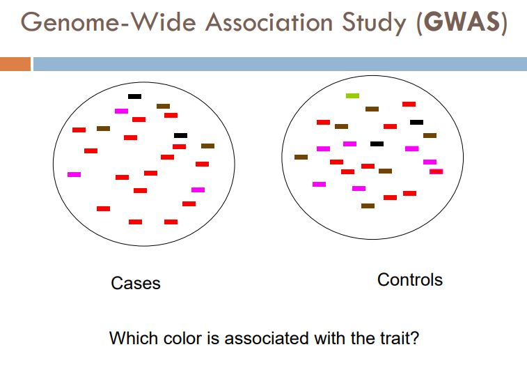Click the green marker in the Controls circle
[353, 95]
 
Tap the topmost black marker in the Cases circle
[134, 96]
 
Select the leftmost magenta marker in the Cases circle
[74, 174]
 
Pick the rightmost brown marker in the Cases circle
[207, 146]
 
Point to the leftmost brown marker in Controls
[301, 157]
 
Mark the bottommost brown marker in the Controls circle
[368, 206]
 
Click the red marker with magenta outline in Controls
[436, 171]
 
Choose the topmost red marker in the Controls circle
[409, 104]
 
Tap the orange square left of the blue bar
[15, 64]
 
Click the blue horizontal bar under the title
[278, 64]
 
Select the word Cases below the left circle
[136, 284]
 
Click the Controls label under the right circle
[409, 280]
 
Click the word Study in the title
[377, 23]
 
